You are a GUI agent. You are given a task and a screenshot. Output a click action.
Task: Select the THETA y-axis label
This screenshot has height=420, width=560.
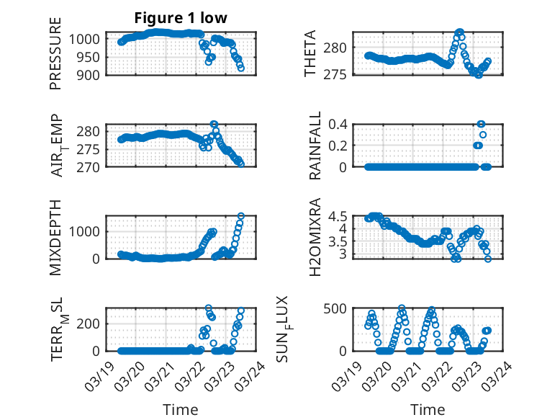(310, 54)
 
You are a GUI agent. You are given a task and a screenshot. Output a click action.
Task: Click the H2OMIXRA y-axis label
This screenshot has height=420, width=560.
(315, 238)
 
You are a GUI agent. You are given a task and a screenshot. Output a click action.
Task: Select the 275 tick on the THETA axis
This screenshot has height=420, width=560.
(340, 74)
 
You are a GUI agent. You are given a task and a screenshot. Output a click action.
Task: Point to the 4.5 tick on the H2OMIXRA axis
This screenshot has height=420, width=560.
(342, 216)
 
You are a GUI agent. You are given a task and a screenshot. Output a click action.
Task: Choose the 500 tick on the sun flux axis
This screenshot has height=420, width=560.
(340, 308)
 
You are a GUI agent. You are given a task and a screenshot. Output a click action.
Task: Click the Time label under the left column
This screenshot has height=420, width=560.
(181, 409)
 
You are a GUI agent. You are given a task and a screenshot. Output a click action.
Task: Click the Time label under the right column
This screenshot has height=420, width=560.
(428, 409)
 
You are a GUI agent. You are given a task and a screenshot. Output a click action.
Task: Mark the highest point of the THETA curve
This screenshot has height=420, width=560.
(460, 32)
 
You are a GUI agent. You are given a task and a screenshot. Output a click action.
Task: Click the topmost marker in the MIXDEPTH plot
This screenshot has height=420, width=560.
(241, 216)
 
